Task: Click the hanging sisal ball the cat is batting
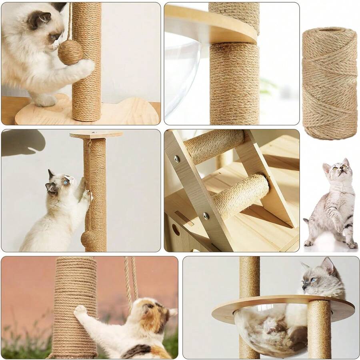tap(70, 52)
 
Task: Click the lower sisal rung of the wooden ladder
tap(240, 196)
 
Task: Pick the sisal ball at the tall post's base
tap(90, 239)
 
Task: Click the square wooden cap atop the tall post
tap(96, 135)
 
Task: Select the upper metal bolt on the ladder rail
tap(176, 159)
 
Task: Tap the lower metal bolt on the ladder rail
tap(206, 216)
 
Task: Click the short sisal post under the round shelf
tap(319, 328)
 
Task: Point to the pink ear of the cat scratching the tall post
tap(72, 181)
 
